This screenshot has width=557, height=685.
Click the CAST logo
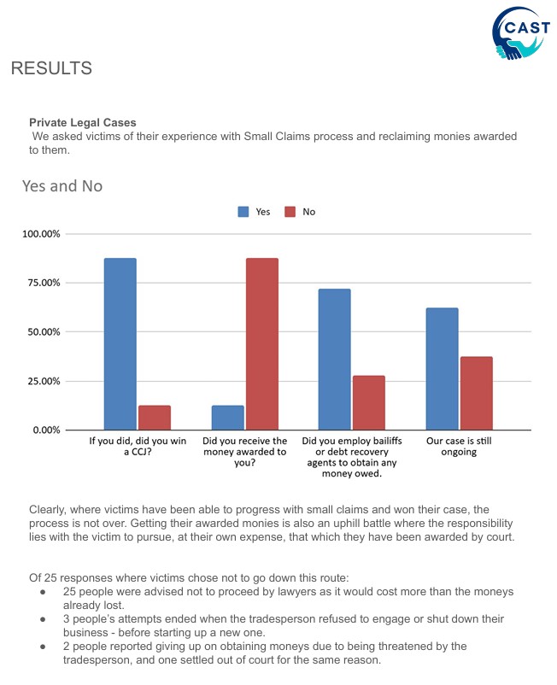tap(521, 33)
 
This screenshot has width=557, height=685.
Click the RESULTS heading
tap(51, 68)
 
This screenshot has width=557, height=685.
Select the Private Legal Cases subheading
tap(83, 122)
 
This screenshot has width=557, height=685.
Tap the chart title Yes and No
tap(62, 186)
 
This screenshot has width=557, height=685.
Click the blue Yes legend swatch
tap(243, 212)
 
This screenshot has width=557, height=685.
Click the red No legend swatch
tap(290, 212)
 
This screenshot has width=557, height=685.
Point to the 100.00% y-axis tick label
tap(41, 234)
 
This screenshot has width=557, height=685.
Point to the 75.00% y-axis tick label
tap(44, 283)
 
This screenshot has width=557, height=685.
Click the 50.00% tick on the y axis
tap(44, 332)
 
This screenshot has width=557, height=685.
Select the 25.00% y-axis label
tap(44, 382)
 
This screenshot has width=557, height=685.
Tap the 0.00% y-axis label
tap(46, 430)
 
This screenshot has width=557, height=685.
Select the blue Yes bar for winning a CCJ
tap(120, 344)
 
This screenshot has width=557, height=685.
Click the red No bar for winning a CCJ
tap(155, 418)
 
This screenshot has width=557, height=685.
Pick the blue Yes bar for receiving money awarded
tap(227, 418)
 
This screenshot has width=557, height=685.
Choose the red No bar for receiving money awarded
tap(262, 344)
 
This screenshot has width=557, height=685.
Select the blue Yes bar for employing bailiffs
tap(334, 359)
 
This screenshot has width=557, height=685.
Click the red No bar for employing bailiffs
tap(369, 403)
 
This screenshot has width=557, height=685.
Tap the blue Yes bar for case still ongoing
tap(443, 369)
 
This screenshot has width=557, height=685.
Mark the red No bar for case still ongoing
tap(476, 393)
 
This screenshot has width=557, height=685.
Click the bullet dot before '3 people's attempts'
tap(43, 619)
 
